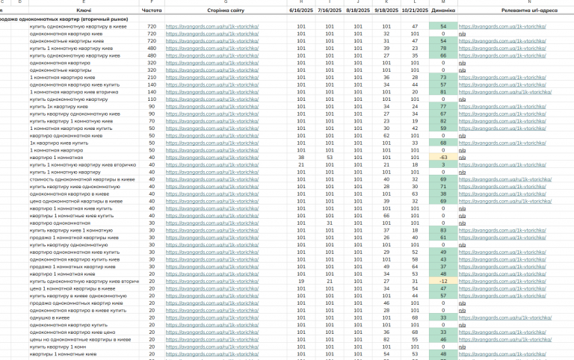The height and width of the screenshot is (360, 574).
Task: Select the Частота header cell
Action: pyautogui.click(x=151, y=11)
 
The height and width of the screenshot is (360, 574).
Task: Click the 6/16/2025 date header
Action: pyautogui.click(x=301, y=11)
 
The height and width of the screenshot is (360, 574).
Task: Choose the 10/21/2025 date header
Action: pyautogui.click(x=415, y=11)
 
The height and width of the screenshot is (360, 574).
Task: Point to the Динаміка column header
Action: pyautogui.click(x=443, y=11)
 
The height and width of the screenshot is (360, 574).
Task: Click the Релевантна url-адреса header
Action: pyautogui.click(x=515, y=11)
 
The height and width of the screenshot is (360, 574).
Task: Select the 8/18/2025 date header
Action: pyautogui.click(x=358, y=11)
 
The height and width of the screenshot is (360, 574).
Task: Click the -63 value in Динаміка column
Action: pyautogui.click(x=443, y=158)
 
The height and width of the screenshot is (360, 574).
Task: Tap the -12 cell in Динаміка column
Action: pyautogui.click(x=443, y=281)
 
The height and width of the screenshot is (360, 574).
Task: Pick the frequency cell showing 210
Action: pyautogui.click(x=152, y=77)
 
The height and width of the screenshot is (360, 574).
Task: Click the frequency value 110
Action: pyautogui.click(x=152, y=99)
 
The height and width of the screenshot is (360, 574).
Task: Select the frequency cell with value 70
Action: pyautogui.click(x=152, y=121)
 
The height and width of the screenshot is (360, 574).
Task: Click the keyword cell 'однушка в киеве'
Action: pyautogui.click(x=50, y=317)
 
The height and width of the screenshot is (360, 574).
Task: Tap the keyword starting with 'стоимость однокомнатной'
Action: pyautogui.click(x=82, y=179)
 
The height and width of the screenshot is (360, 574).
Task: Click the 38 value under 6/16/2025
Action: pyautogui.click(x=301, y=158)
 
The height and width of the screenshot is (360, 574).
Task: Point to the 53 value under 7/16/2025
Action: pyautogui.click(x=330, y=158)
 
